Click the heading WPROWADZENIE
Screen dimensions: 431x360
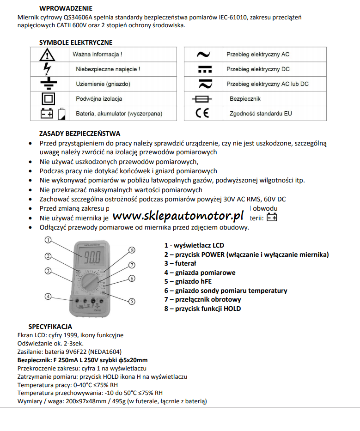click(66, 8)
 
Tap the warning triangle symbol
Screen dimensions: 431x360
click(47, 55)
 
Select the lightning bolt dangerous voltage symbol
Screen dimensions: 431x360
click(47, 69)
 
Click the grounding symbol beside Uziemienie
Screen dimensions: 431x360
click(47, 84)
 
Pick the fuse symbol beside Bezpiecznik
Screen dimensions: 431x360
click(203, 99)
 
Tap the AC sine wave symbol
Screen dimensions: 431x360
click(203, 55)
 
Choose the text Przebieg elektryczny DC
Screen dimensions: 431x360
click(258, 69)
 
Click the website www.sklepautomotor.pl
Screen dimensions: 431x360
click(178, 215)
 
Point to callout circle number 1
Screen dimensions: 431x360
click(48, 240)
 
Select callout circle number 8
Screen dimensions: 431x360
click(132, 250)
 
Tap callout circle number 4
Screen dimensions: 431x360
click(48, 296)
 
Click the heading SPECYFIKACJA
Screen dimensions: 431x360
click(50, 326)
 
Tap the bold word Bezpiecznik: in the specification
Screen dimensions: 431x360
click(35, 360)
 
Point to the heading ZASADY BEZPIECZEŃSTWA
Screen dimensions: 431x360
click(79, 134)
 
